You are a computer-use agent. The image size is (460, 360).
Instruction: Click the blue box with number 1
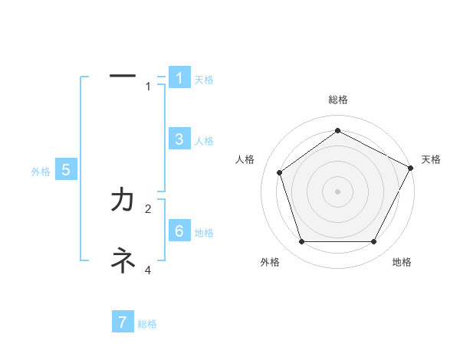pos(179,78)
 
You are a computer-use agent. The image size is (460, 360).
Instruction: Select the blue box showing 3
pos(179,139)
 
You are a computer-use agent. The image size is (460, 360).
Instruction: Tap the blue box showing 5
pos(66,170)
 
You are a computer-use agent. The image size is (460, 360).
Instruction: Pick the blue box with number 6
pos(179,231)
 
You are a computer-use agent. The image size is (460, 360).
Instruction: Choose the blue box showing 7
pos(123,322)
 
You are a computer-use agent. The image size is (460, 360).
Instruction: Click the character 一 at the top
pos(123,76)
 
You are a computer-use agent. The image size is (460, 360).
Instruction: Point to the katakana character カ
pos(123,200)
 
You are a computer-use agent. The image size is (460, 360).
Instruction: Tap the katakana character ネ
pos(123,261)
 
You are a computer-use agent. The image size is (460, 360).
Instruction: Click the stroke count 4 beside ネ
pos(149,270)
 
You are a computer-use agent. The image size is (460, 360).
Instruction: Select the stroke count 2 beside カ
pos(149,208)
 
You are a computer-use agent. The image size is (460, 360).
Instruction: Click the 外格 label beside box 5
pos(41,172)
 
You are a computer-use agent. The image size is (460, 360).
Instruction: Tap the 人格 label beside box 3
pos(204,141)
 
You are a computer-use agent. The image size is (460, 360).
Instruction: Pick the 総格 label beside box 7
pos(147,324)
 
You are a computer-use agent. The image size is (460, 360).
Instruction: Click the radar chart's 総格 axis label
pos(338,100)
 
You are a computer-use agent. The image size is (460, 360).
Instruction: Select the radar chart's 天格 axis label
pos(431,159)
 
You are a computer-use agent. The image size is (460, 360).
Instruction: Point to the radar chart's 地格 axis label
pos(402,262)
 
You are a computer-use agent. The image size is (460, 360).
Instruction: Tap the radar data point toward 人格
pos(280,172)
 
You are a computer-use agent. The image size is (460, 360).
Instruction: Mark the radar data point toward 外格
pos(301,242)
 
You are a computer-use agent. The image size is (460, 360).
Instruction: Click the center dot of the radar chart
pos(338,191)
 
